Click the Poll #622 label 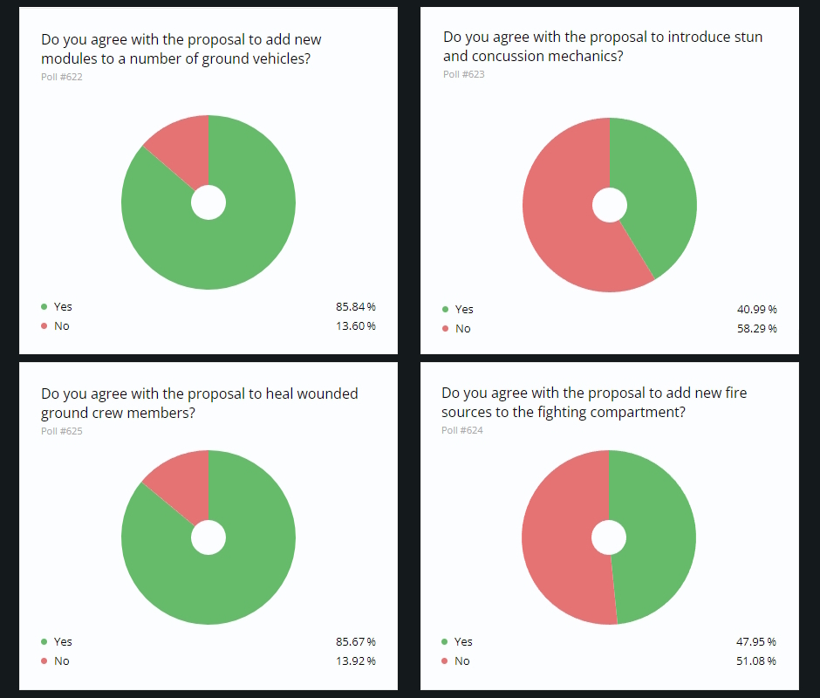pos(62,77)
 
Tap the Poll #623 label pos(463,74)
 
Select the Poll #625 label pos(62,431)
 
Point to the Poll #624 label pos(462,430)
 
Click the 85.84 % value pos(355,307)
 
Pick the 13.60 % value pos(355,326)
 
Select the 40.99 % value pos(756,310)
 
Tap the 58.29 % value pos(756,329)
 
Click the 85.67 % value pos(355,642)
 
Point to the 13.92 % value pos(355,661)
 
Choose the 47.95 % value pos(756,642)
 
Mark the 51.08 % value pos(756,661)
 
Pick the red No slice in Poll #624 pos(558,537)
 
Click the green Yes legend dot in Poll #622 pos(44,307)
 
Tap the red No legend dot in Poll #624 pos(445,661)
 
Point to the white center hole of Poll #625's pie pos(208,537)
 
